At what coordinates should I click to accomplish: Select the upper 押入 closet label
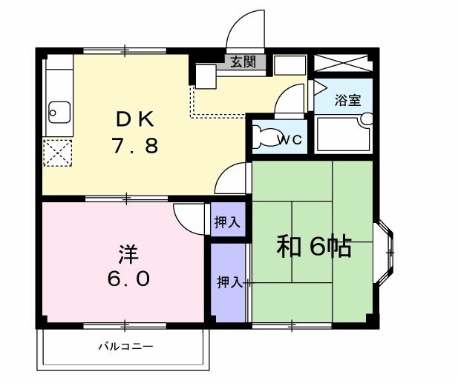(x=227, y=221)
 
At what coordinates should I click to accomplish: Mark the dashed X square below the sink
(x=56, y=154)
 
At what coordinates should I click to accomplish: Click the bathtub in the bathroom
(x=341, y=134)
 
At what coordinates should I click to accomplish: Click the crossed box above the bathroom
(x=344, y=62)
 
